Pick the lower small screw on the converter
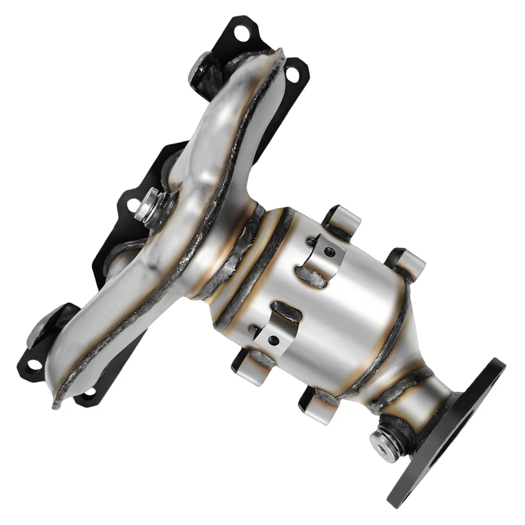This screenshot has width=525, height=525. click(272, 341)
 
